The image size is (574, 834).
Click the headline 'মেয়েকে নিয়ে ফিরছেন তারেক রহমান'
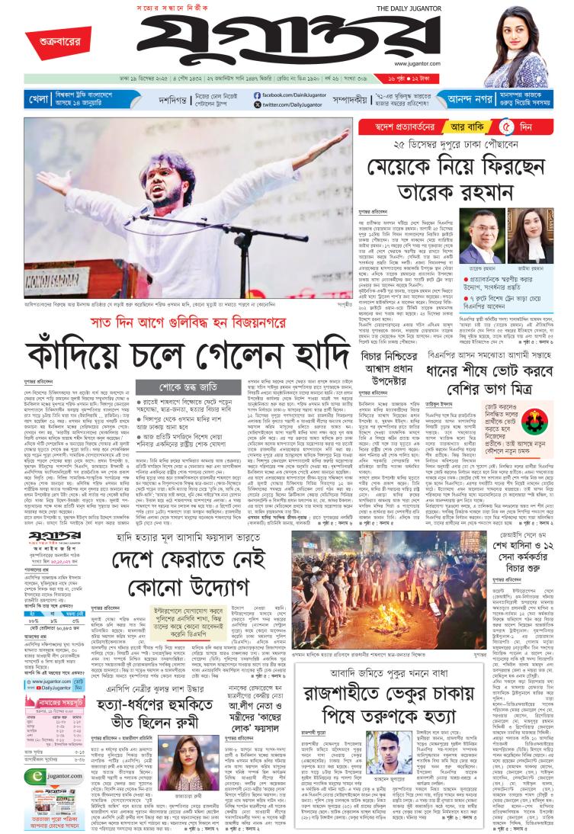pos(466,176)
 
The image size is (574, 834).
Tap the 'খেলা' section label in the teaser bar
pos(39,99)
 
